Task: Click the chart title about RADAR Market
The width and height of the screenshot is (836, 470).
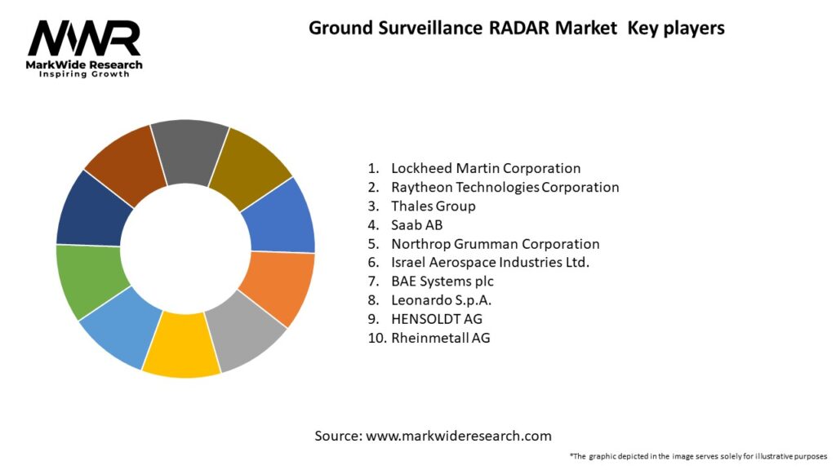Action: [x=516, y=28]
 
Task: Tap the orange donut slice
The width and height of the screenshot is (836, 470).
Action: [x=280, y=286]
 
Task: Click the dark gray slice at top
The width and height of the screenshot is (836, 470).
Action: [x=189, y=151]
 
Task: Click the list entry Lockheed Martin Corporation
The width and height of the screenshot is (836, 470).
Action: [x=486, y=168]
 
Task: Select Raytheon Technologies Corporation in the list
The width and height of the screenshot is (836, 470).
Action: [x=505, y=187]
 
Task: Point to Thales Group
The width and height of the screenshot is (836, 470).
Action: [x=433, y=206]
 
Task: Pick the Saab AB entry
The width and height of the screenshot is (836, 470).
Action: [x=416, y=224]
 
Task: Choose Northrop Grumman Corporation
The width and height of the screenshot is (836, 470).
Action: [x=495, y=243]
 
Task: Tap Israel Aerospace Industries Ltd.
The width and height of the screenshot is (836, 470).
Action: [x=490, y=262]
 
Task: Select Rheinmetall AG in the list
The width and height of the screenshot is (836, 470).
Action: [x=440, y=337]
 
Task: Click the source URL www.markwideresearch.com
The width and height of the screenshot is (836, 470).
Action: [x=458, y=436]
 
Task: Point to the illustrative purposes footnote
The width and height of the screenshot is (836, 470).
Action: [x=698, y=456]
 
